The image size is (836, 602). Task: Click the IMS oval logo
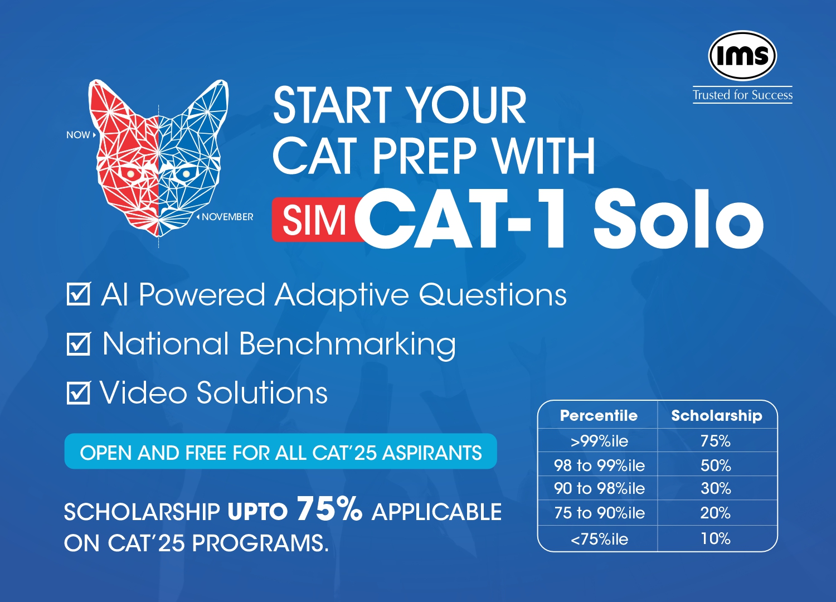(742, 55)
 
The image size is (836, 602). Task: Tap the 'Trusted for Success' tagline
(743, 95)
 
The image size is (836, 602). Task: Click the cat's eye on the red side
(130, 174)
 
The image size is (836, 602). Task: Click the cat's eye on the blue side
(186, 174)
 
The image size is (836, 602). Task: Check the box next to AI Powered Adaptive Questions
(79, 294)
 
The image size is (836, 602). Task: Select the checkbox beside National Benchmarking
(79, 343)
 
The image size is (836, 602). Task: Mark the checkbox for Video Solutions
(79, 392)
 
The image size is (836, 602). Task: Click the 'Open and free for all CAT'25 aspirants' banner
(281, 451)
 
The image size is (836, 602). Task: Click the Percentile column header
(599, 415)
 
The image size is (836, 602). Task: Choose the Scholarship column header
(717, 416)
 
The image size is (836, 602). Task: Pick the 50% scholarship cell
(716, 465)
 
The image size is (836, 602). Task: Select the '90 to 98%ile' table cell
(599, 488)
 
